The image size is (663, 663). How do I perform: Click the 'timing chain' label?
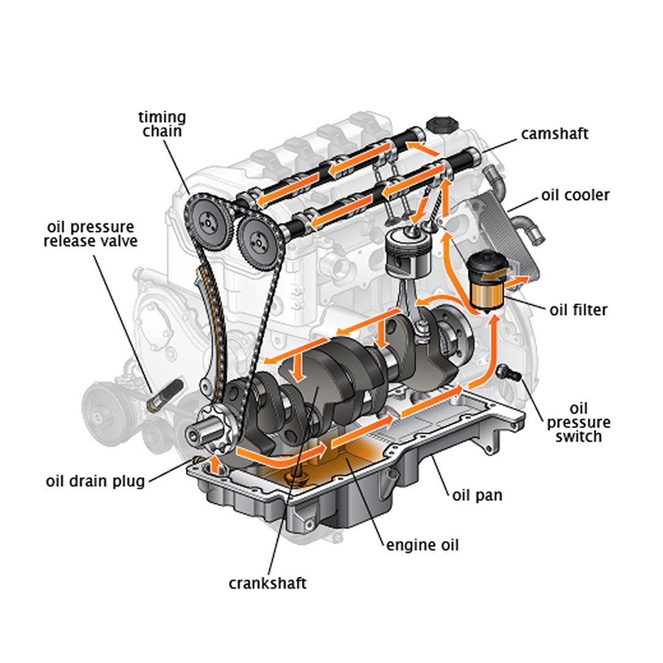click(162, 123)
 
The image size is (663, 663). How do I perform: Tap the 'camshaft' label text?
click(554, 133)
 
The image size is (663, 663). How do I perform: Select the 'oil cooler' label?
click(575, 195)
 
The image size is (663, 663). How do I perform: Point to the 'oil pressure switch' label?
click(578, 422)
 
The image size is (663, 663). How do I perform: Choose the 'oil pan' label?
click(477, 494)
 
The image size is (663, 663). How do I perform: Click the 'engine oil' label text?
click(422, 544)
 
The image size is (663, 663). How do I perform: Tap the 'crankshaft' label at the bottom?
click(267, 583)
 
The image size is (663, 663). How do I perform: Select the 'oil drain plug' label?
click(95, 480)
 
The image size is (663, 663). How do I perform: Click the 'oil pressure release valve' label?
click(90, 234)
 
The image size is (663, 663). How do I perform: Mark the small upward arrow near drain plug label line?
click(214, 463)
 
